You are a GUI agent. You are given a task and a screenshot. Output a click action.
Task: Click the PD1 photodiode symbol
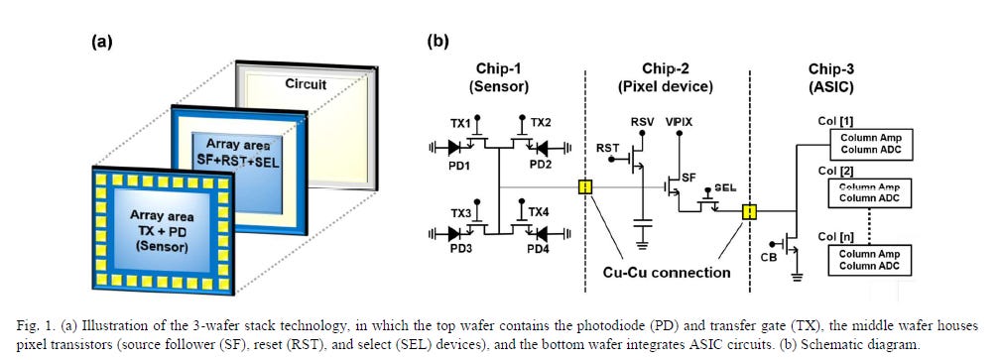coord(454,148)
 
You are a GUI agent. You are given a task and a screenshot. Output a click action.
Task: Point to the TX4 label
coord(539,212)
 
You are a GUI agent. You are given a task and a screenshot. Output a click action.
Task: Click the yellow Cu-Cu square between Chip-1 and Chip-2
coord(586,187)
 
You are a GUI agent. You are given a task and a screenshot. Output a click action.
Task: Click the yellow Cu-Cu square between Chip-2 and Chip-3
coord(750,211)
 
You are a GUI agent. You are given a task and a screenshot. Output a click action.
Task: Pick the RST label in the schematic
coord(607,148)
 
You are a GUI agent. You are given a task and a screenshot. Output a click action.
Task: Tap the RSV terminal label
coord(642,120)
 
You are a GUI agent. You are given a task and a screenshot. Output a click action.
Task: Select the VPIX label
coord(679,120)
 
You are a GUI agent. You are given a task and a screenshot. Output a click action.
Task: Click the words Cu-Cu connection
coord(667,272)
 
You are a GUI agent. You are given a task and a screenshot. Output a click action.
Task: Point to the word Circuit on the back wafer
coord(306,84)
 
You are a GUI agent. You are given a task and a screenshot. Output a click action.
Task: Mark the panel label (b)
coord(437,43)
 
